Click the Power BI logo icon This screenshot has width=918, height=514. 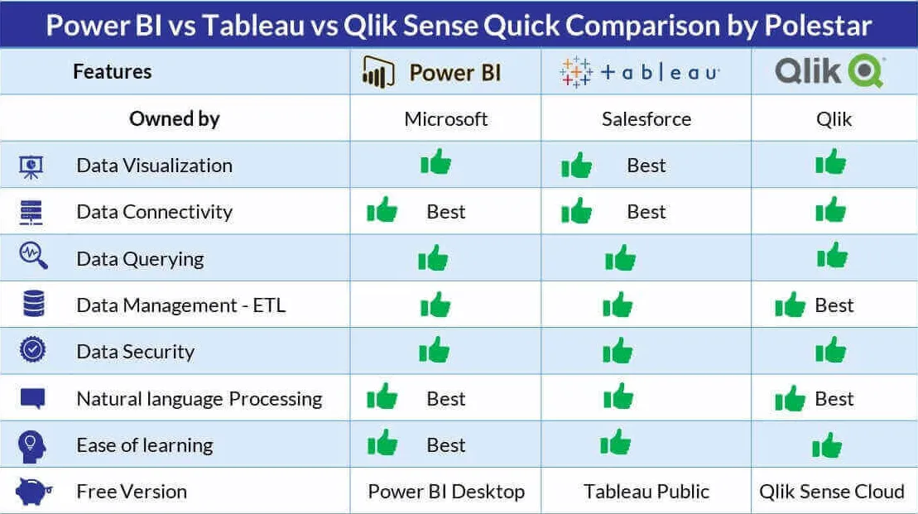pyautogui.click(x=378, y=72)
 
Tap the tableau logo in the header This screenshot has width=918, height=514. pyautogui.click(x=639, y=72)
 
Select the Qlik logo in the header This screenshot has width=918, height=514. pyautogui.click(x=830, y=71)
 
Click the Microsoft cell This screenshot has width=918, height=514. pyautogui.click(x=445, y=119)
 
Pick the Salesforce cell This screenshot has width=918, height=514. pyautogui.click(x=646, y=119)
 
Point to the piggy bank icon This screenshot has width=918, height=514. pyautogui.click(x=33, y=491)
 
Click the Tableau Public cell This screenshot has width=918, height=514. pyautogui.click(x=646, y=492)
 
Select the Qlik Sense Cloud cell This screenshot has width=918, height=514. pyautogui.click(x=832, y=492)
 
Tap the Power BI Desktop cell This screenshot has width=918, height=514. pyautogui.click(x=446, y=492)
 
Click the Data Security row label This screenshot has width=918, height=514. pyautogui.click(x=135, y=351)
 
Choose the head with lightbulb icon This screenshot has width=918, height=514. pyautogui.click(x=32, y=446)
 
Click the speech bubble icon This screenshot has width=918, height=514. pyautogui.click(x=33, y=399)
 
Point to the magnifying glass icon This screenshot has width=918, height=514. pyautogui.click(x=33, y=256)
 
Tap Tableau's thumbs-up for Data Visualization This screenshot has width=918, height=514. pyautogui.click(x=577, y=165)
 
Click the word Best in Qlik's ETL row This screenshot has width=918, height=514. pyautogui.click(x=834, y=305)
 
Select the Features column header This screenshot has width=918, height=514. pyautogui.click(x=113, y=71)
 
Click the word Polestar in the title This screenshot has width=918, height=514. pyautogui.click(x=818, y=26)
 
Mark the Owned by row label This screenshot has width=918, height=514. pyautogui.click(x=175, y=119)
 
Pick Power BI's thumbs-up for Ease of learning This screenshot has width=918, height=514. pyautogui.click(x=382, y=443)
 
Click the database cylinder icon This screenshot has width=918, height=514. pyautogui.click(x=33, y=303)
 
